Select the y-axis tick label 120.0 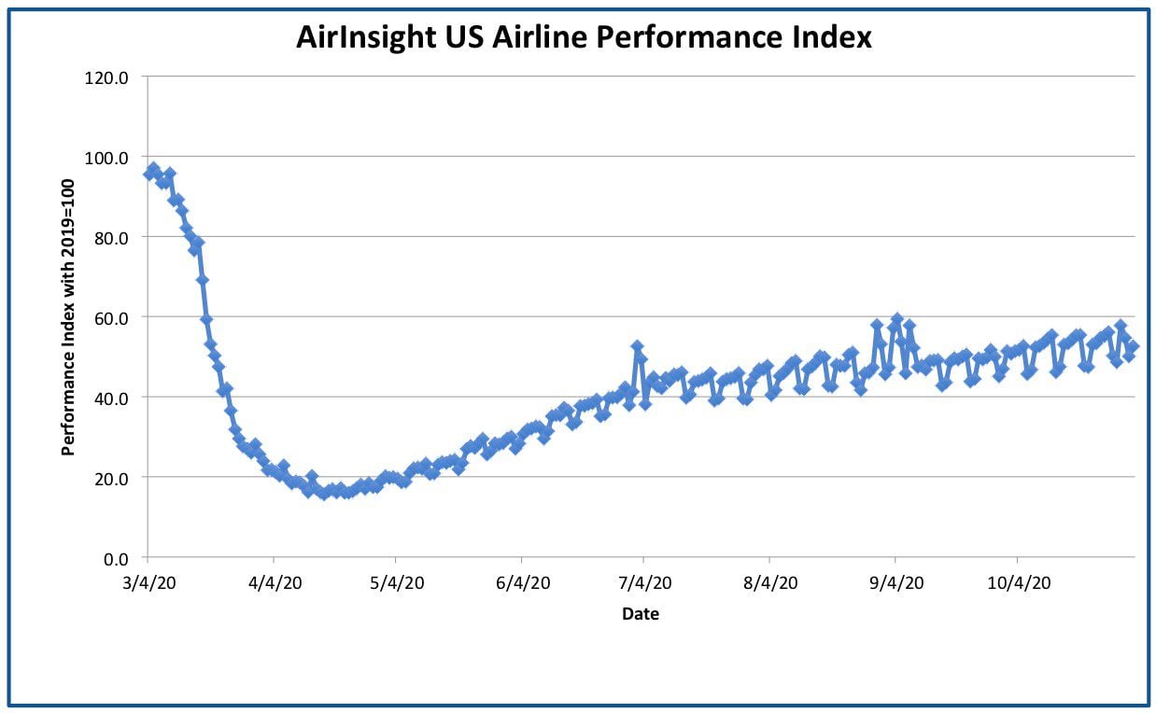[106, 77]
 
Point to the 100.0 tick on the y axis [106, 158]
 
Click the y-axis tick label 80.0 [111, 238]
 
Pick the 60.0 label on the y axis [111, 318]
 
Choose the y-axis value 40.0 [111, 398]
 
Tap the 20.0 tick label [111, 479]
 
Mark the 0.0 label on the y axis [116, 559]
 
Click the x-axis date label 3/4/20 [149, 583]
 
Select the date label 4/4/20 [275, 583]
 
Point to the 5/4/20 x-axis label [397, 583]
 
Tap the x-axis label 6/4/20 [523, 583]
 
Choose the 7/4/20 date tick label [645, 583]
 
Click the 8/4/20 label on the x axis [770, 583]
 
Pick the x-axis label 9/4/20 [896, 583]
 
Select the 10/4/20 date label [1020, 583]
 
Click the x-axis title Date [641, 614]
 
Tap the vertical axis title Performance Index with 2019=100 [67, 317]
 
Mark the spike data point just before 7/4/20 [637, 346]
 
